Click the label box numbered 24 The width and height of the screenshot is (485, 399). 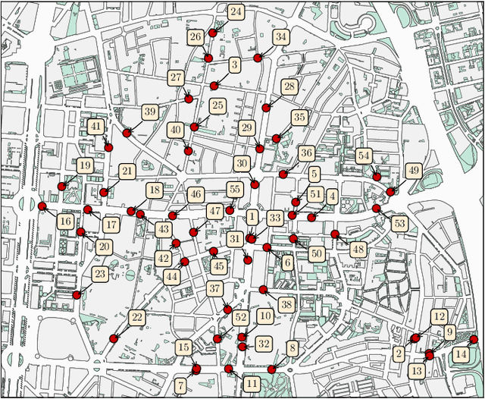click(x=236, y=12)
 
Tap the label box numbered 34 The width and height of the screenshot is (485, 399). click(x=281, y=36)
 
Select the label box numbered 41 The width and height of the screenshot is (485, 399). click(x=96, y=127)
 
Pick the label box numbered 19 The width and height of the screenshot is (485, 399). click(x=84, y=165)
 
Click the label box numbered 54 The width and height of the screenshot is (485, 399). click(x=364, y=156)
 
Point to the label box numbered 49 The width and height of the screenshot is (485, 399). click(x=414, y=170)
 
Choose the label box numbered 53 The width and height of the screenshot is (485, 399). click(x=399, y=223)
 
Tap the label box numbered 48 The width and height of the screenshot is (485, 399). click(x=358, y=249)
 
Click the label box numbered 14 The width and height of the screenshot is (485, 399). click(x=461, y=354)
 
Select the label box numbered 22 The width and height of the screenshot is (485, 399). click(x=137, y=317)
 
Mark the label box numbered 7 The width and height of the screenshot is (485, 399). click(x=180, y=384)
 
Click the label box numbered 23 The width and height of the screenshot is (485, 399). click(x=100, y=274)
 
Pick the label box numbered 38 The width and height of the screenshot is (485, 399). click(x=286, y=304)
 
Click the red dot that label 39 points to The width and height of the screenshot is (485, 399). click(x=127, y=133)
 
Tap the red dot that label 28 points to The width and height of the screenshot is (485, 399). click(x=266, y=108)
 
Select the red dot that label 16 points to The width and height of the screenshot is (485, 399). click(x=42, y=206)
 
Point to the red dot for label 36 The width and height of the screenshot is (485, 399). click(x=283, y=174)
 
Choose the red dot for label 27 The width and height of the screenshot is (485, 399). click(x=189, y=99)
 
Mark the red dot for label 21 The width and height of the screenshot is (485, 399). click(x=104, y=192)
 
